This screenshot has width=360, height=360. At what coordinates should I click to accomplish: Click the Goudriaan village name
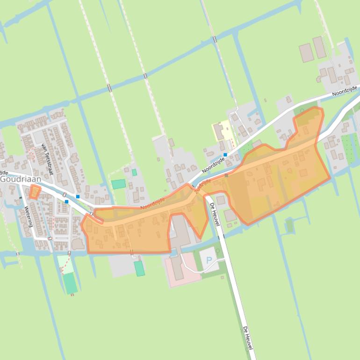(x=21, y=179)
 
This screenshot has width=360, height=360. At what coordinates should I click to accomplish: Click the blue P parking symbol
(x=209, y=260)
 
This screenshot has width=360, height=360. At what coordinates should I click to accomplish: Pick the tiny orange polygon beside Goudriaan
(x=35, y=192)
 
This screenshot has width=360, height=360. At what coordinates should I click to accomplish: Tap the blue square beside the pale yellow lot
(x=225, y=155)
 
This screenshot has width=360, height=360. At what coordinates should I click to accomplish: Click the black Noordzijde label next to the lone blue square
(x=213, y=165)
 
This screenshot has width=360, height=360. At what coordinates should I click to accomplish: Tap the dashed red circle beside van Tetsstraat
(x=31, y=152)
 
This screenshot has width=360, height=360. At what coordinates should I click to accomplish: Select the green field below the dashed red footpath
(x=70, y=283)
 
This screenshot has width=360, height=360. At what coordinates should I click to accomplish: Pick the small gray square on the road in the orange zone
(x=227, y=175)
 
